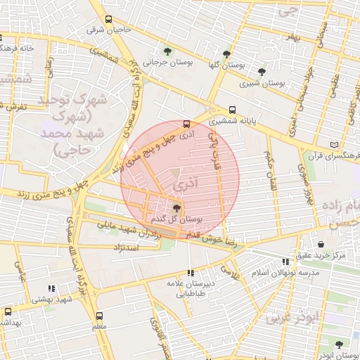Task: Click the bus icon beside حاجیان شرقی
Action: click(108, 20)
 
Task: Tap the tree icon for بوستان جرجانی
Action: click(167, 51)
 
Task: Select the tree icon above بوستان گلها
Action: click(226, 54)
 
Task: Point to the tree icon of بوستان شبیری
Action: click(262, 72)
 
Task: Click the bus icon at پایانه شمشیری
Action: click(233, 110)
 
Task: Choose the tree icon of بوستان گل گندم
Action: click(176, 207)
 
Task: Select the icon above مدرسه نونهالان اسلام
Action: click(285, 262)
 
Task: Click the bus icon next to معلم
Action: click(98, 316)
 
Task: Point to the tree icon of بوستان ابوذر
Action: click(339, 345)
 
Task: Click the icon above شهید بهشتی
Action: click(51, 288)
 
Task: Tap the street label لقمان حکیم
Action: click(269, 169)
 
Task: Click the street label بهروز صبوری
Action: click(304, 184)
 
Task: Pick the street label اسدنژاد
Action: click(129, 248)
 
